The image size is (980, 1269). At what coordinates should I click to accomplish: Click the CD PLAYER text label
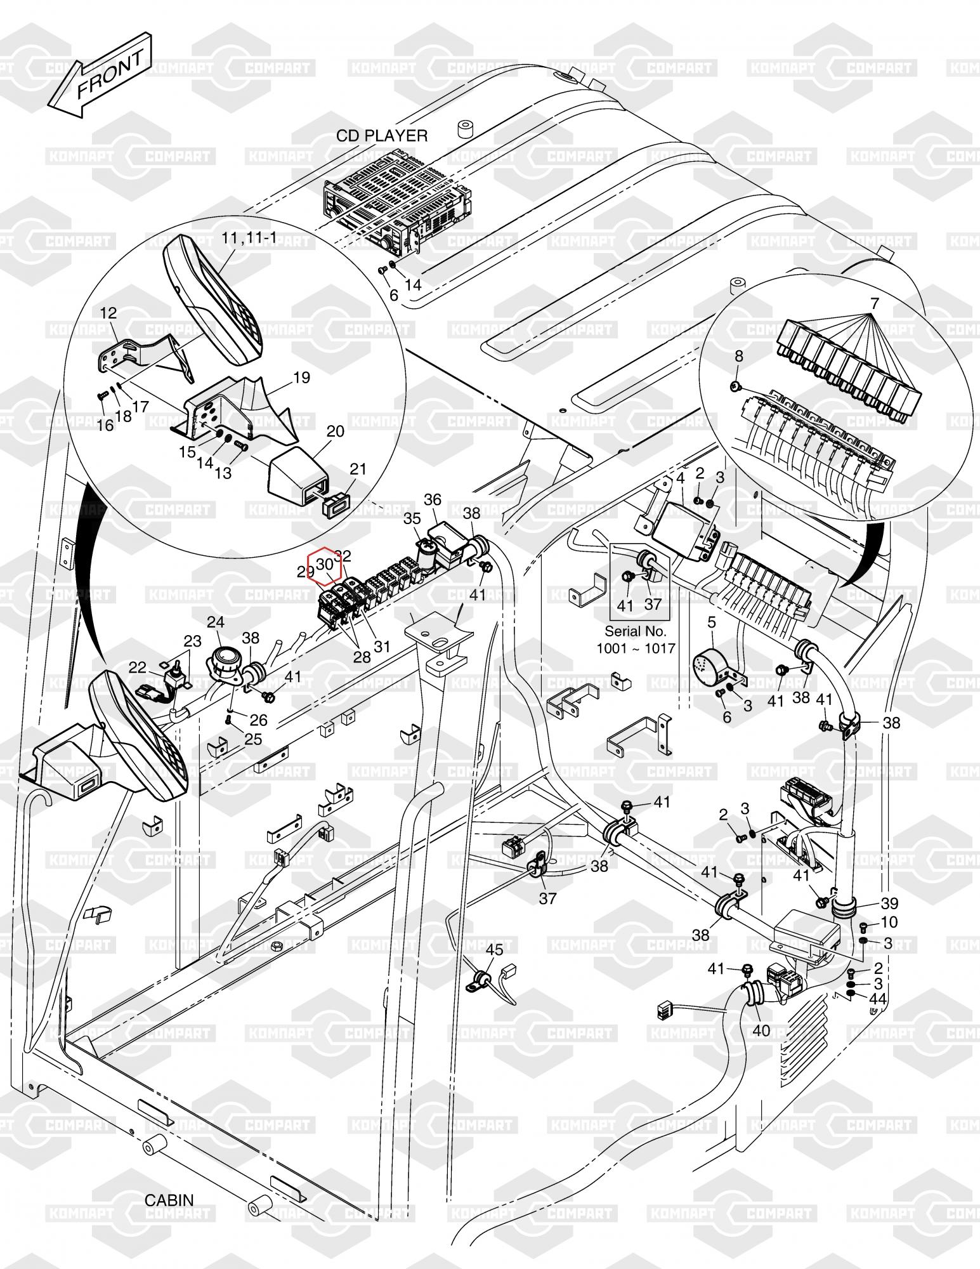pos(381,136)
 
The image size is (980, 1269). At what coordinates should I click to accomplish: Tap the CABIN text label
pos(169,1200)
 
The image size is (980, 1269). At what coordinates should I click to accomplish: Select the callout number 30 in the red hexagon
pos(324,563)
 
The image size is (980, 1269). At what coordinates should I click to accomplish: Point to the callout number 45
pos(494,950)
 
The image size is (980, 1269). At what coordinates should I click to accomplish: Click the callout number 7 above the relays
pos(875,303)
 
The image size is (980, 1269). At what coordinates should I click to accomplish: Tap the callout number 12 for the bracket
pos(108,313)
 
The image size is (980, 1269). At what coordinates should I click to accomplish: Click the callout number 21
pos(358,469)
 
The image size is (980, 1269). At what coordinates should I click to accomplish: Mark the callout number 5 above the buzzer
pos(711,622)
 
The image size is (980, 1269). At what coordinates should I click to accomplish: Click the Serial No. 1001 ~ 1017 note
pos(636,640)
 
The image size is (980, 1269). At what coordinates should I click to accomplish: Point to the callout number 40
pos(761,1030)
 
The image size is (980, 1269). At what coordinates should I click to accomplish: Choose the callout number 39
pos(889,903)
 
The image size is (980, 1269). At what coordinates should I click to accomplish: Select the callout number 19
pos(302,378)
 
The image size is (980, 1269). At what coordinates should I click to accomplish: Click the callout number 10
pos(889,921)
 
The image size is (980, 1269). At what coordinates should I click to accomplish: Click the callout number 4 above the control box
pos(680,478)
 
